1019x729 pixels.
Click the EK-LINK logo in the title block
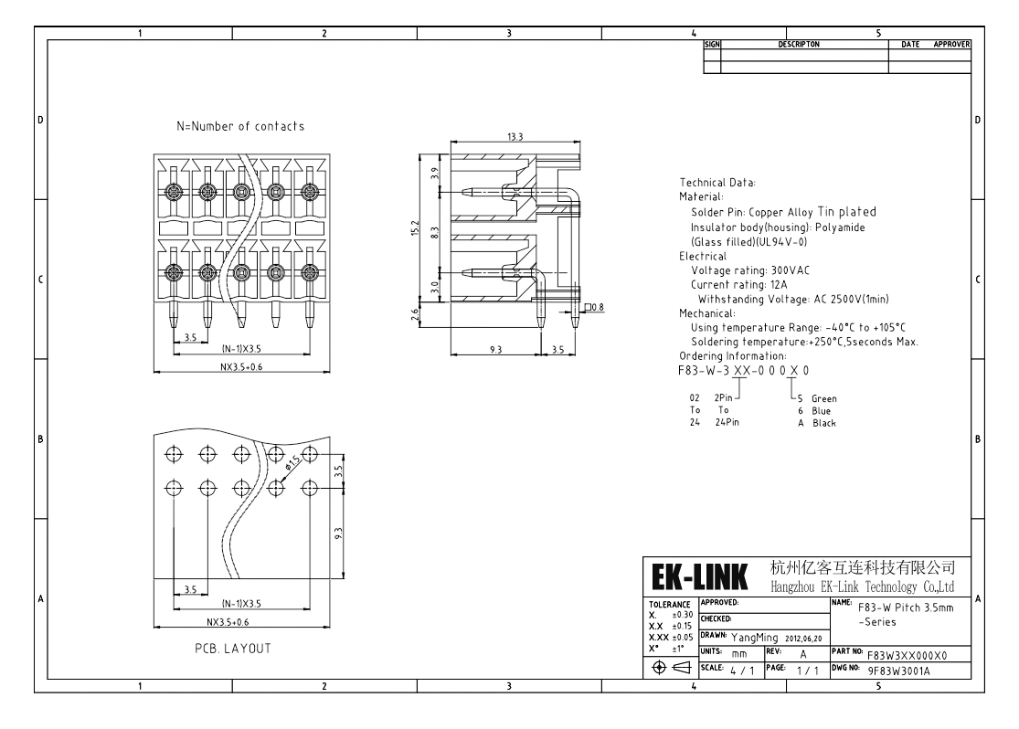coord(699,576)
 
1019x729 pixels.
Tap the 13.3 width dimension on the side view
coord(515,136)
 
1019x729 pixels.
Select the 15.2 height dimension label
coord(415,227)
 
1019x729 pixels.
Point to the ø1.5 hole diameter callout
coord(292,462)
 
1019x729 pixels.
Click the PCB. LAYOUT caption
coord(233,649)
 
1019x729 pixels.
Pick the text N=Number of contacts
coord(240,126)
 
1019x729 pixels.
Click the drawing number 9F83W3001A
coord(898,671)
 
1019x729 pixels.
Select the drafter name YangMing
coord(755,638)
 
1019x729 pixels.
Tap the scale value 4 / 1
coord(742,671)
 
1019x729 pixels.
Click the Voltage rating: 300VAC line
coord(750,270)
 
